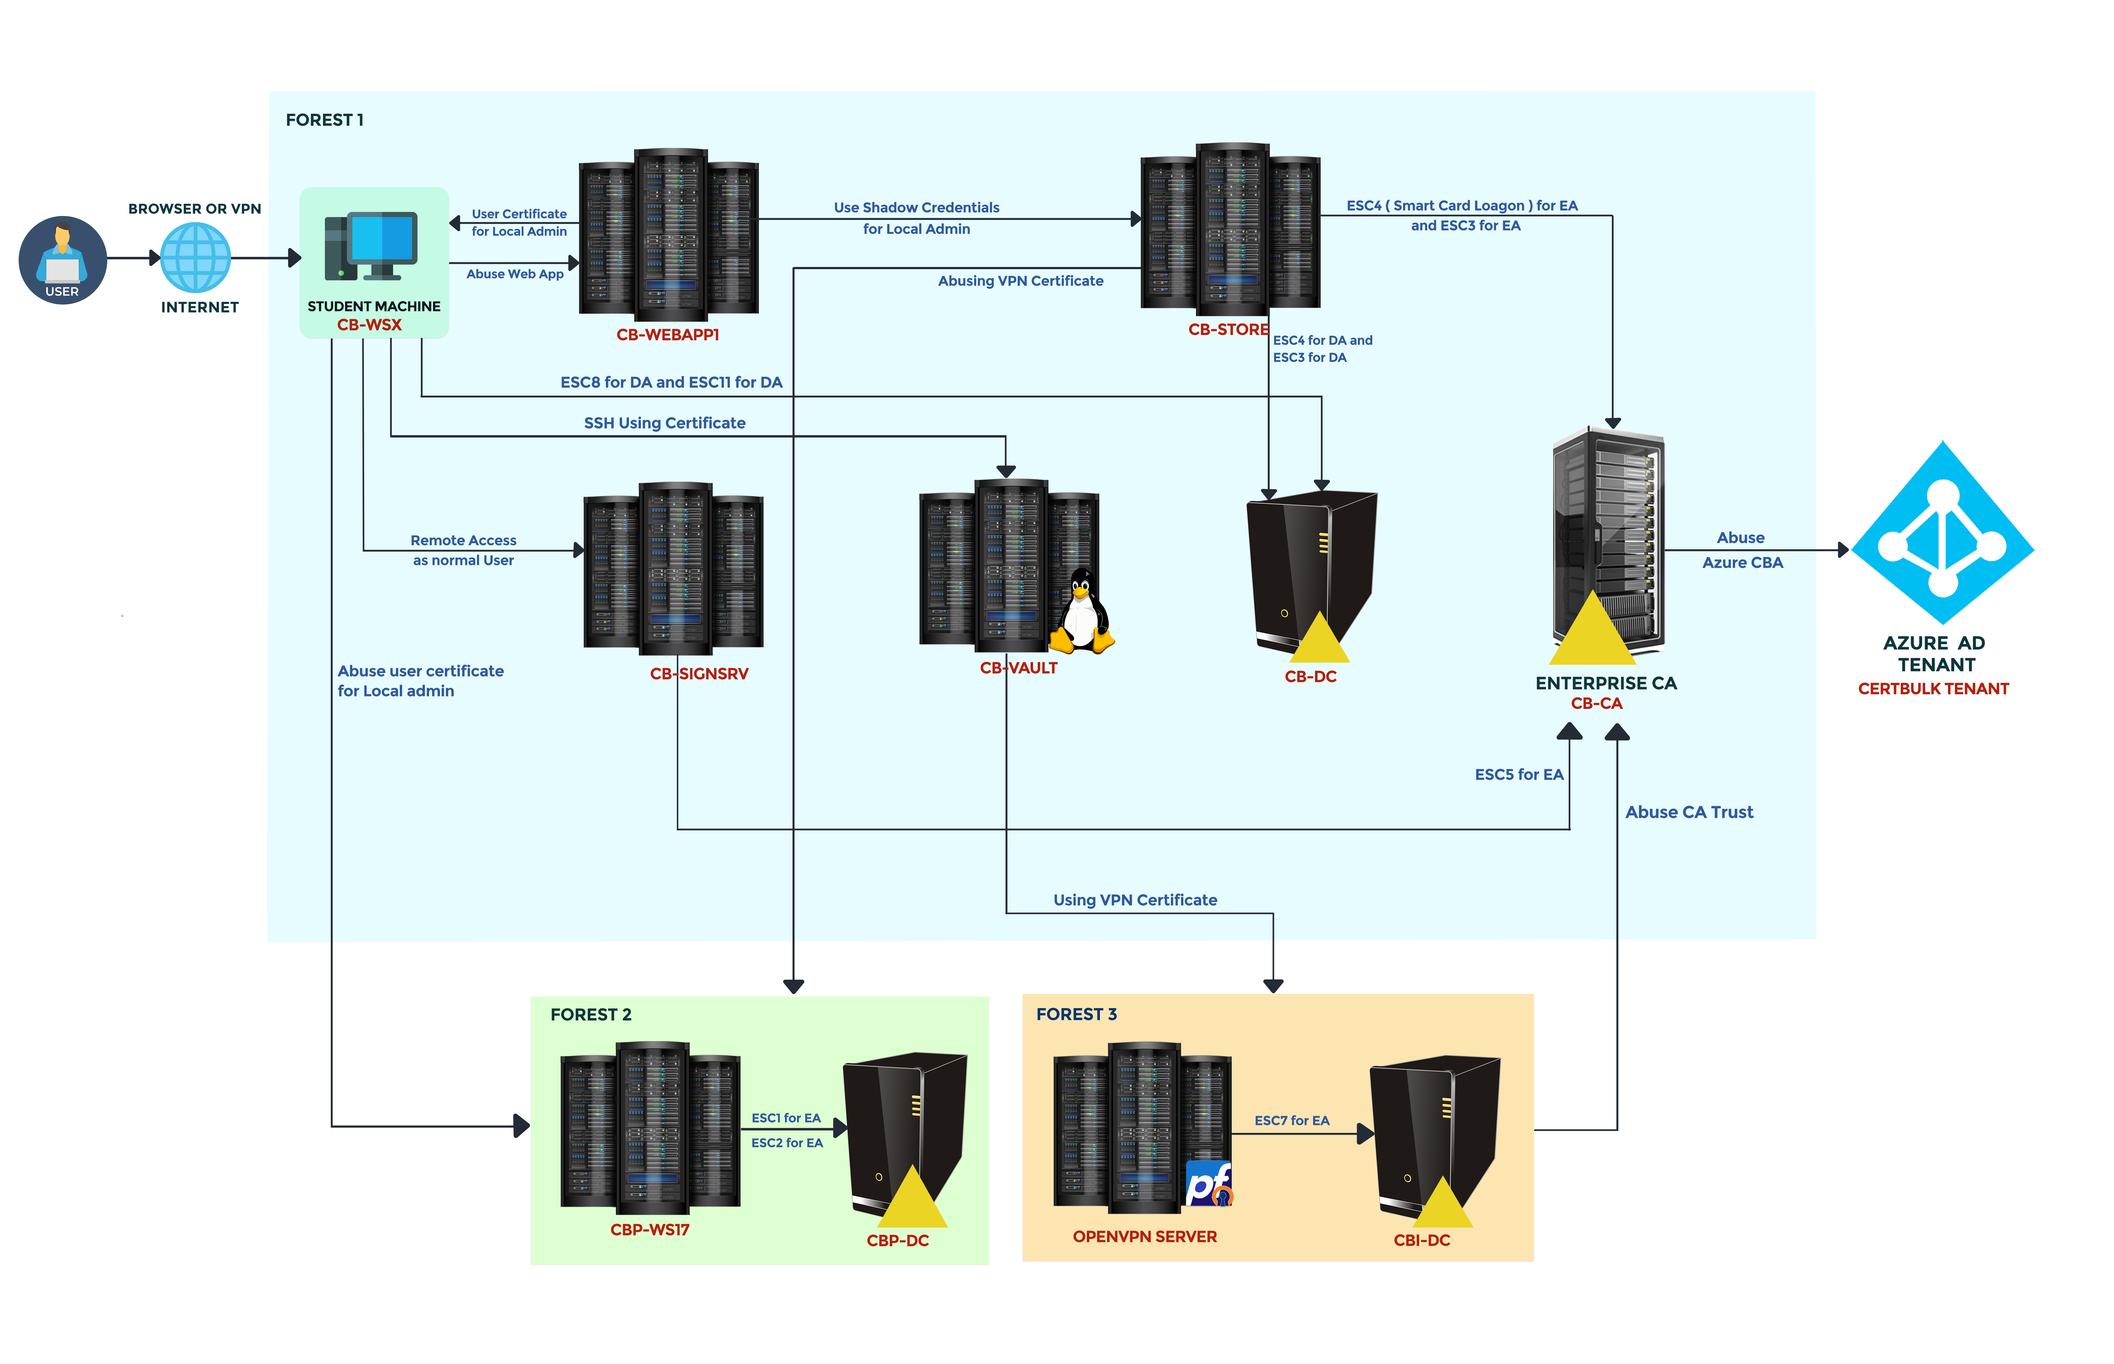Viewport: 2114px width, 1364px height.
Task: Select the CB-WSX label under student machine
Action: pyautogui.click(x=369, y=325)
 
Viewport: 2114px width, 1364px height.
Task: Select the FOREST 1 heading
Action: pyautogui.click(x=324, y=120)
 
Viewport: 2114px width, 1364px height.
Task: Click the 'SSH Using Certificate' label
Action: pyautogui.click(x=664, y=423)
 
